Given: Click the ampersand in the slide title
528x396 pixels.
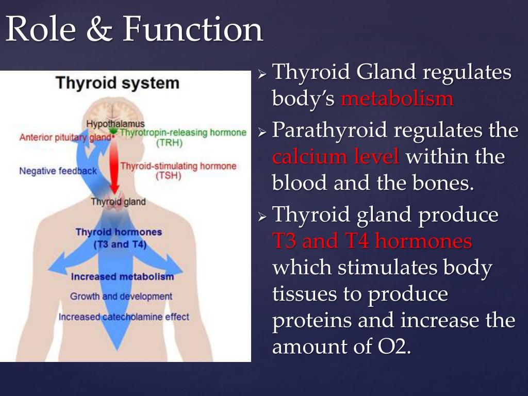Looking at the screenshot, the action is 100,29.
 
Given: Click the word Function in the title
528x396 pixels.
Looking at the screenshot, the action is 192,29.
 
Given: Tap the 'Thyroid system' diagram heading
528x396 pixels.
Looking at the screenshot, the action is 118,83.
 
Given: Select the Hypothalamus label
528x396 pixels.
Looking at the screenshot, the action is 115,124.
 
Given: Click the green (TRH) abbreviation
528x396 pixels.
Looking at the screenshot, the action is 169,143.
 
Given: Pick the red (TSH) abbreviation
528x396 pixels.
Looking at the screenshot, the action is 169,176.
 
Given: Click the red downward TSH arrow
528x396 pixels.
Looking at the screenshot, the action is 115,166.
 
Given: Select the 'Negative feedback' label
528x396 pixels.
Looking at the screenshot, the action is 58,171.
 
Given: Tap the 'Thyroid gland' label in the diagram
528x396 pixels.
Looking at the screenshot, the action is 118,202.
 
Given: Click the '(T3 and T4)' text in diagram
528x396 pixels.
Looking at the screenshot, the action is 120,244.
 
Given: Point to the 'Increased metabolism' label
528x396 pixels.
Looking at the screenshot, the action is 122,276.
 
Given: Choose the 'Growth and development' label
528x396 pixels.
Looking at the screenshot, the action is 121,296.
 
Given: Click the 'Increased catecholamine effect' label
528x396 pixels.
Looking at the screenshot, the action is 124,317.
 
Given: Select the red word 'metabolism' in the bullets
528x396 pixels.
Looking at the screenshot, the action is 397,99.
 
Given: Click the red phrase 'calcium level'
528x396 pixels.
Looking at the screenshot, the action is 336,157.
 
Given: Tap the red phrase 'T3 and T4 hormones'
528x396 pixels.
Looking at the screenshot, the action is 372,241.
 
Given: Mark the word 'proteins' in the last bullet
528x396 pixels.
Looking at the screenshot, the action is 312,321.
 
